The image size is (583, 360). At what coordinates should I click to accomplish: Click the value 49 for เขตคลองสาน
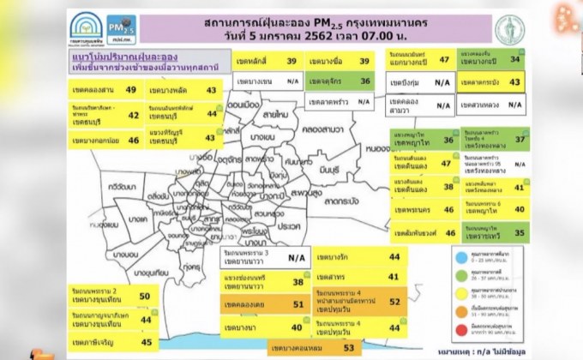(130, 89)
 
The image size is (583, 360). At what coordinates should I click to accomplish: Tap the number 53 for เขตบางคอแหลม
(349, 348)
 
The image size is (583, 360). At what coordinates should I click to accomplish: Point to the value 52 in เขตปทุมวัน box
(394, 301)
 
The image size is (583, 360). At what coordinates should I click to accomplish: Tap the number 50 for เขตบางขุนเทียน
(144, 297)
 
